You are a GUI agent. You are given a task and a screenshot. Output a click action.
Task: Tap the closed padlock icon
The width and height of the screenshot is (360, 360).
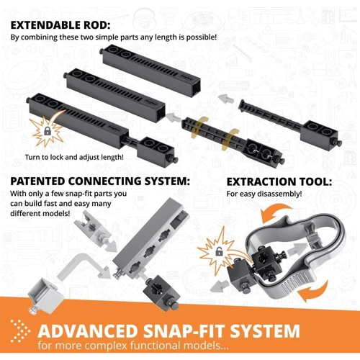(48, 131)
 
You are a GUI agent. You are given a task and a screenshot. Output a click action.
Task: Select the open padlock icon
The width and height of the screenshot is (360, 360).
(219, 251)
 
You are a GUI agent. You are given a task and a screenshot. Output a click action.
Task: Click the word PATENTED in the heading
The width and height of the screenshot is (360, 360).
(37, 181)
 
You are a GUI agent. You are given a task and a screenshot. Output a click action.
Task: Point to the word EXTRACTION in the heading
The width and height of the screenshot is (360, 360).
(264, 181)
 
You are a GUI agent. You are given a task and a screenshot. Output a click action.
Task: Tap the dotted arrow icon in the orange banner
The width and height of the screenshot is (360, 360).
(20, 331)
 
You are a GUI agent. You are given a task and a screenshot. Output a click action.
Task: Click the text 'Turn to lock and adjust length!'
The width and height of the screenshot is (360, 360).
(74, 158)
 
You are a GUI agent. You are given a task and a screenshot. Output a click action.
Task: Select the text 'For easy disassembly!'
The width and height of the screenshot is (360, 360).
(264, 194)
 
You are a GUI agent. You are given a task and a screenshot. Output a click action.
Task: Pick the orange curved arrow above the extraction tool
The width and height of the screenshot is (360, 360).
(276, 211)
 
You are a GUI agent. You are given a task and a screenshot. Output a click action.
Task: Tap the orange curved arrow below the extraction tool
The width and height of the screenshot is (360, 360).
(314, 292)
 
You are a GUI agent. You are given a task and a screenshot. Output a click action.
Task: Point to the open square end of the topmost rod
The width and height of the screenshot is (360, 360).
(194, 89)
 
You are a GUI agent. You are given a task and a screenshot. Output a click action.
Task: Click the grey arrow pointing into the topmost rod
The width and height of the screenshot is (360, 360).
(225, 99)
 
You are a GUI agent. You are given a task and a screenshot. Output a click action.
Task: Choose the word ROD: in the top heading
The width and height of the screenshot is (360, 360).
(98, 25)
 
